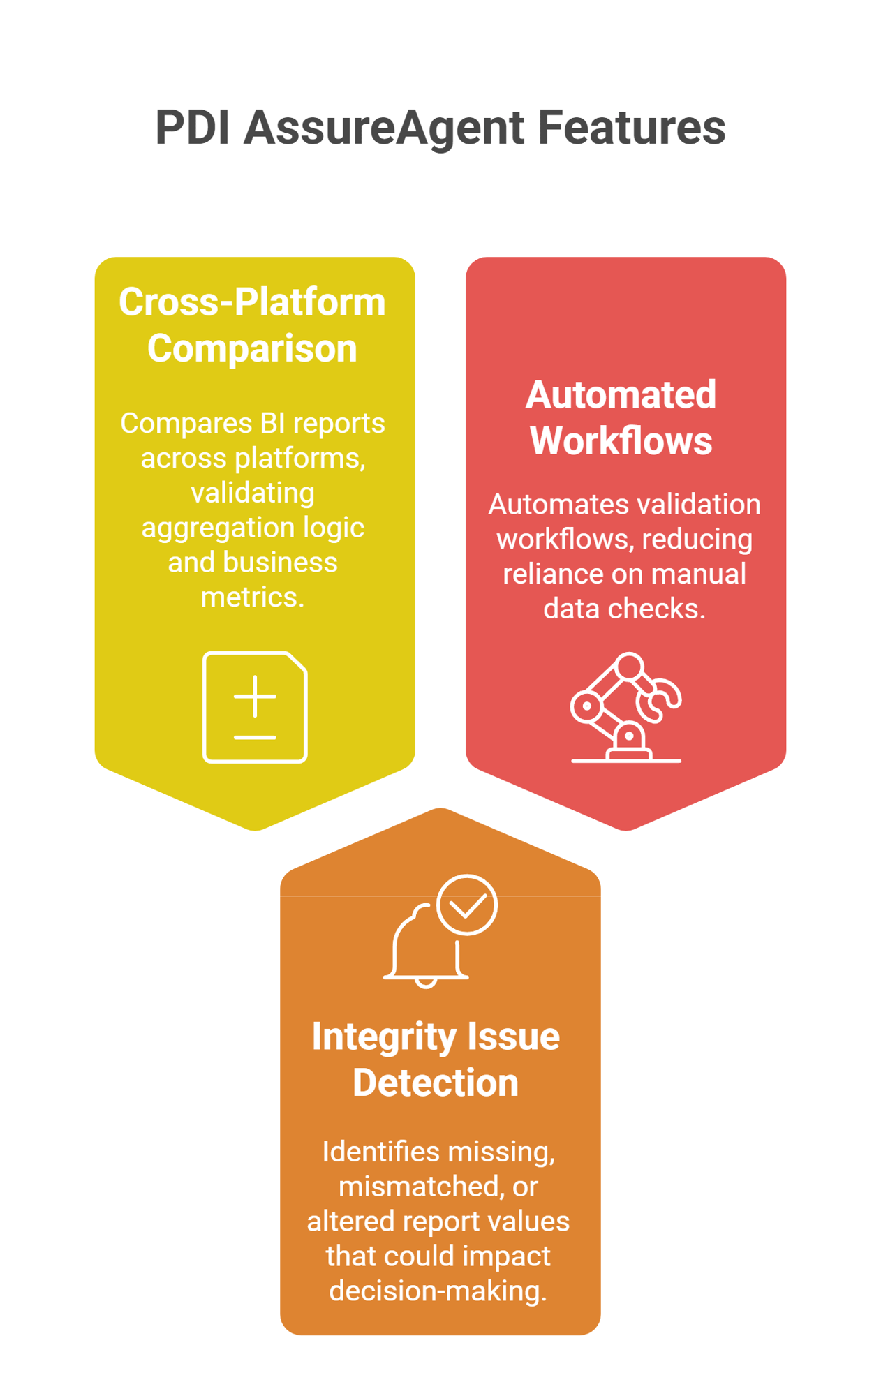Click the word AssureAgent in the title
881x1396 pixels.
pos(383,128)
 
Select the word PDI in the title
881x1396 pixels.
pos(192,128)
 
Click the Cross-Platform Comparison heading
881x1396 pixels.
pos(252,325)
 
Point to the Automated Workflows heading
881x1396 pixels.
pos(621,417)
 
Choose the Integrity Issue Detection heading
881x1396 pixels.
pos(436,1059)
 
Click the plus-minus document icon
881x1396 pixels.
pos(255,707)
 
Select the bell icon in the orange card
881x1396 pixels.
pos(423,946)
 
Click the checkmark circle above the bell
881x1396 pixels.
pos(467,905)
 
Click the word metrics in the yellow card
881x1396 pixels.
pos(252,597)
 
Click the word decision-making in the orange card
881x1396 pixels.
pos(438,1291)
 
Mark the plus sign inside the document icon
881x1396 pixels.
pos(255,696)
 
